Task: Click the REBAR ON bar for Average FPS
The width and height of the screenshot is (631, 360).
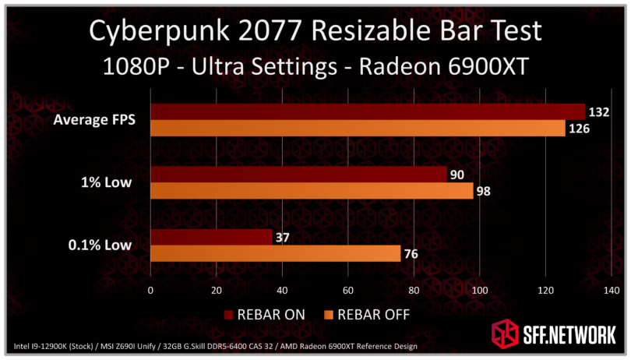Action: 366,111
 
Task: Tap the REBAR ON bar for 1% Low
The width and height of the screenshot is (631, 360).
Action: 298,175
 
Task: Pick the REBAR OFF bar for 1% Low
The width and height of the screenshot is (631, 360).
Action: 311,191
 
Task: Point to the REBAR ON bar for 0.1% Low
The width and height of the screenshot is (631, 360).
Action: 210,237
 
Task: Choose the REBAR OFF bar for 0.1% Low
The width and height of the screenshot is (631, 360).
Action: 275,253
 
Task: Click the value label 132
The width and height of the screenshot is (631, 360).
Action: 598,112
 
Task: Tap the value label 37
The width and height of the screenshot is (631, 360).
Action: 282,237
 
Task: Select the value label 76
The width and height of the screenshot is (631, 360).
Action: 411,253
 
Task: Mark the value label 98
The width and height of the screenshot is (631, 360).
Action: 484,191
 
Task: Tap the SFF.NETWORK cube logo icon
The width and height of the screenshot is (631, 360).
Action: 503,334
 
